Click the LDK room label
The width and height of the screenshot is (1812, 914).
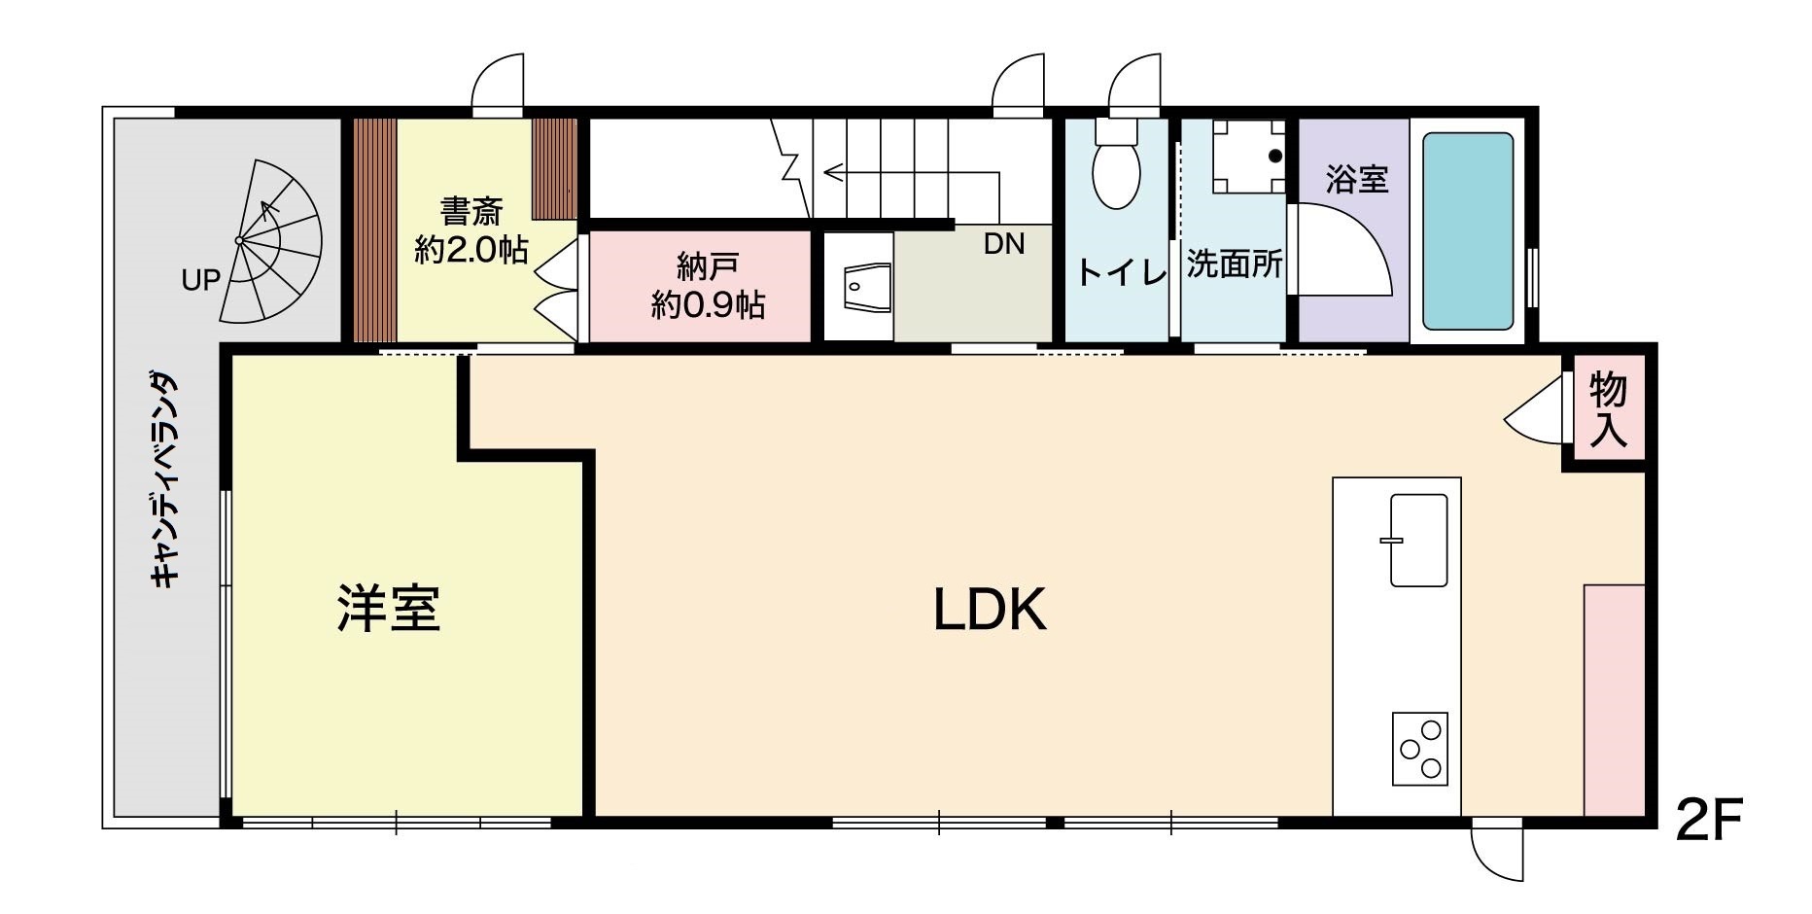990,610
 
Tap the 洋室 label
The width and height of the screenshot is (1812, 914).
389,608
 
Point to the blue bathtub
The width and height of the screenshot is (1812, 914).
1468,231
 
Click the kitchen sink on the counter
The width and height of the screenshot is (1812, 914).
1418,540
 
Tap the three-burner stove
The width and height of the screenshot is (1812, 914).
1419,749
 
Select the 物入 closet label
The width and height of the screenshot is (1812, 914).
1608,410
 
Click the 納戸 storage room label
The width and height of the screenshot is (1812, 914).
708,286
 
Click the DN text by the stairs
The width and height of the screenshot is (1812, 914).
1004,244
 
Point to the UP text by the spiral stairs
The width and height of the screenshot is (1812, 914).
201,280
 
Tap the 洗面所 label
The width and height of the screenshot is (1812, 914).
1235,264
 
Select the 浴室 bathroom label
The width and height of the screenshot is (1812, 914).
1356,179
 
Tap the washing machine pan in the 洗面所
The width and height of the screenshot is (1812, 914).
1248,156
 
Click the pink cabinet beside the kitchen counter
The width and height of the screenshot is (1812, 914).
1614,700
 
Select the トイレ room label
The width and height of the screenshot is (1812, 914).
1122,271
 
